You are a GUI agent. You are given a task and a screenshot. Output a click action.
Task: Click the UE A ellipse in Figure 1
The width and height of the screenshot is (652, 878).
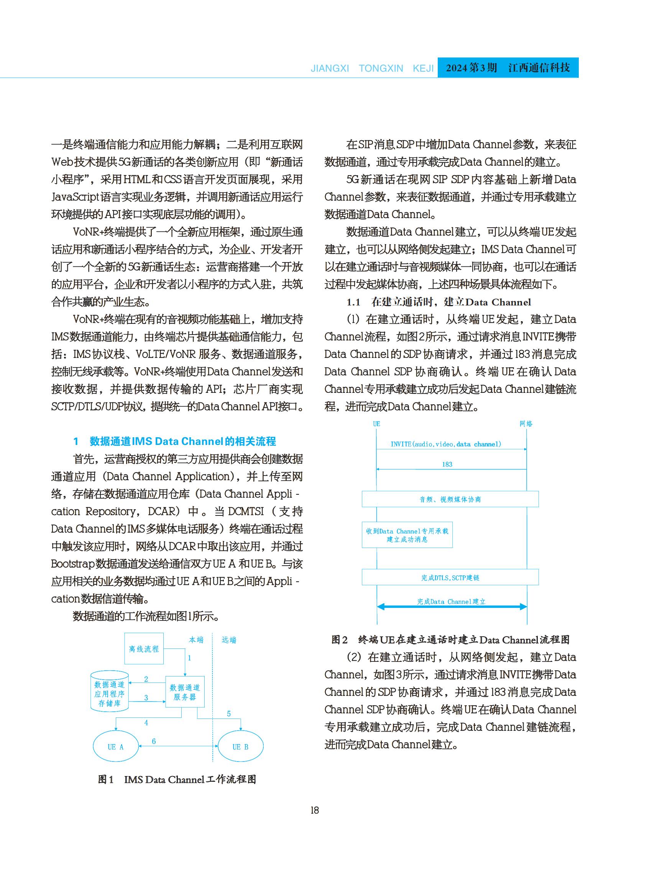point(116,747)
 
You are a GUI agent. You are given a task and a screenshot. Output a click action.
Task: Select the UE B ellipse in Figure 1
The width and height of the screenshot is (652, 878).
point(240,747)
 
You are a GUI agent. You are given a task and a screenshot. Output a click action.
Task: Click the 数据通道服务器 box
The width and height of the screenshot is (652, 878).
point(185,692)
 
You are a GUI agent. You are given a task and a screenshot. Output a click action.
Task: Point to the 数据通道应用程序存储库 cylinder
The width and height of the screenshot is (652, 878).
point(109,693)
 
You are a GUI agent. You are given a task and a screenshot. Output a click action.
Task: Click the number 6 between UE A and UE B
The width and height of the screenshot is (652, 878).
point(154,741)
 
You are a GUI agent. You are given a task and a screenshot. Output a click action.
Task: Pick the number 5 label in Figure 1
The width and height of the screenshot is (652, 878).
point(228,714)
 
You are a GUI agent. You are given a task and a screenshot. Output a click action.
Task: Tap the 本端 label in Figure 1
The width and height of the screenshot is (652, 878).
point(196,640)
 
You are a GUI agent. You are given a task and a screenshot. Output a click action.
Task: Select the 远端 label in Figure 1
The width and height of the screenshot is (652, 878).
point(229,640)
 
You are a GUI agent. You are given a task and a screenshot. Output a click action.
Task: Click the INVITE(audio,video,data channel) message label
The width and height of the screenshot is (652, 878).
point(445,444)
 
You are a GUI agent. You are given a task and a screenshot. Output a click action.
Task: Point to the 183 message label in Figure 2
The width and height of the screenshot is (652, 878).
point(447,464)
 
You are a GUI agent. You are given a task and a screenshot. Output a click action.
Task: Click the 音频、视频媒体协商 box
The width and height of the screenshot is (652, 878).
point(450,499)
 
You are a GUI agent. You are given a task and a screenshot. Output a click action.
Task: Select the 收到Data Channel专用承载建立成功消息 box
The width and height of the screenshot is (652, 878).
point(407,535)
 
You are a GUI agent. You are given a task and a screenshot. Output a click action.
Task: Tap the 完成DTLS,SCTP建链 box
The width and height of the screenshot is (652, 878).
point(450,577)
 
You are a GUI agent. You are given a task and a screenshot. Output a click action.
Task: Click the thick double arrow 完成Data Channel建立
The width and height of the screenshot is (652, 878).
point(452,607)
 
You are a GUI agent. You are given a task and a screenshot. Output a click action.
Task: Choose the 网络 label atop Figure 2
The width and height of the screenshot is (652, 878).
point(526,424)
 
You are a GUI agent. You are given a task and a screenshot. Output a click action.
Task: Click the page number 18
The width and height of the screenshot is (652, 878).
point(315,810)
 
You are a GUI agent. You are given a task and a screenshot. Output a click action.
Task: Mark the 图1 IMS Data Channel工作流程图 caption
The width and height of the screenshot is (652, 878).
point(177,780)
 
